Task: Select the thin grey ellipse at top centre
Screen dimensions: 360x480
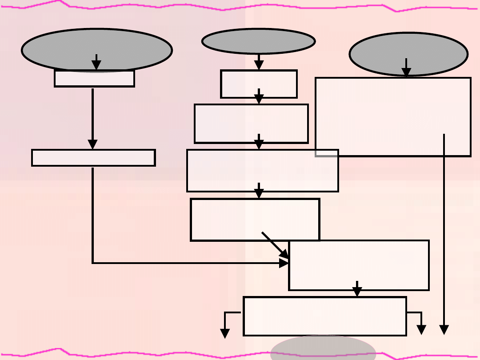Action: pos(259,40)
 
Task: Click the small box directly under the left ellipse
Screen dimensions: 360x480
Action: pos(94,79)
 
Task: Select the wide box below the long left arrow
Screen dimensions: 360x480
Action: pos(93,158)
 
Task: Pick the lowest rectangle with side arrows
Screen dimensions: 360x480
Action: pos(325,316)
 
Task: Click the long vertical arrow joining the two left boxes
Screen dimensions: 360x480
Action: pos(92,118)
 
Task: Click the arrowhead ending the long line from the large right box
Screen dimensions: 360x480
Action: pos(444,330)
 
